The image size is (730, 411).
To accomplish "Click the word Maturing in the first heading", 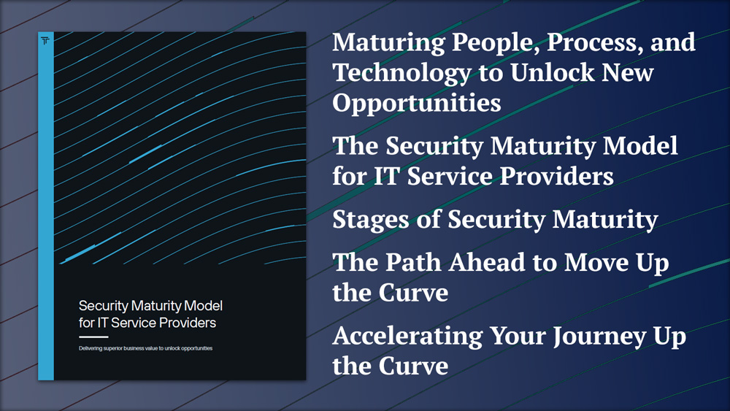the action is (388, 44).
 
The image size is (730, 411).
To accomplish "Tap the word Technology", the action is (401, 74).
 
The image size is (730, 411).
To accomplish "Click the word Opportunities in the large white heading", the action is (417, 104).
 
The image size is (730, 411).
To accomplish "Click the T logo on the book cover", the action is (45, 41).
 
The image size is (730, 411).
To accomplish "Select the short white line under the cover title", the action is (93, 337).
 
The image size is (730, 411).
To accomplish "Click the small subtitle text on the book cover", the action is (146, 348).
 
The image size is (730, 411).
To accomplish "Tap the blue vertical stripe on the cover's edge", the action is (45, 206).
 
